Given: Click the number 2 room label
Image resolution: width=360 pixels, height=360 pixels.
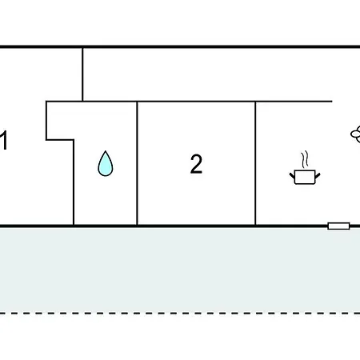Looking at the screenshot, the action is [196, 164].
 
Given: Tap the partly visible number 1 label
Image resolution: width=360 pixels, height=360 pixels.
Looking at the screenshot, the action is [4, 140].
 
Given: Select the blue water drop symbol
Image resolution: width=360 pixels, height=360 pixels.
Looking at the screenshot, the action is [106, 163].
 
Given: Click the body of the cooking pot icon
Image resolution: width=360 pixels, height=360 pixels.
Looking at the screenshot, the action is [305, 177].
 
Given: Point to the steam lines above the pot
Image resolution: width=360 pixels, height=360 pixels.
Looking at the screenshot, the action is [305, 159].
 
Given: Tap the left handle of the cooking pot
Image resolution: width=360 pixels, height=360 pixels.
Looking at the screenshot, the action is [292, 176].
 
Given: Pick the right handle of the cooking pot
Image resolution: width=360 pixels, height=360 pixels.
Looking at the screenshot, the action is [318, 176].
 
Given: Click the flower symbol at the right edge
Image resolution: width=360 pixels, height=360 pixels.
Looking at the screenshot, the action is [355, 134].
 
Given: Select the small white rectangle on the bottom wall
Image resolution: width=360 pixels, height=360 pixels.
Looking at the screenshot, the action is [338, 226].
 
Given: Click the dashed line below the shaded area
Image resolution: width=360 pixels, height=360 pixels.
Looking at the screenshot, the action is [180, 313].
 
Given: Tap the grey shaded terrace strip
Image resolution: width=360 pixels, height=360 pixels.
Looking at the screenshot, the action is [180, 270].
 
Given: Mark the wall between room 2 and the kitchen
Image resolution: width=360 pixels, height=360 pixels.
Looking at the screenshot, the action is [255, 163].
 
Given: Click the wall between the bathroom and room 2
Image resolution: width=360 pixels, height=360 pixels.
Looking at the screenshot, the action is [137, 163].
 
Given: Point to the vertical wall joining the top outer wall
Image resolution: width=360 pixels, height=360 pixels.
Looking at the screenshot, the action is [82, 74].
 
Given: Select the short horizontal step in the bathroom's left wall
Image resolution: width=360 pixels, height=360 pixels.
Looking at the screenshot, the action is [60, 139].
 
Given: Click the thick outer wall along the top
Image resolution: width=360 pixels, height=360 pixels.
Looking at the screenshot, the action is [180, 46].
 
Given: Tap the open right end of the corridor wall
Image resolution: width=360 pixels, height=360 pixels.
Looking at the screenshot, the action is [332, 102].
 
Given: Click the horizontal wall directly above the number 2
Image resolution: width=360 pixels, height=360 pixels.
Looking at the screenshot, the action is [196, 102].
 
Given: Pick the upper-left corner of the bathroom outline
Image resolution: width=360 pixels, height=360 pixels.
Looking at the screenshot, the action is [46, 102].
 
